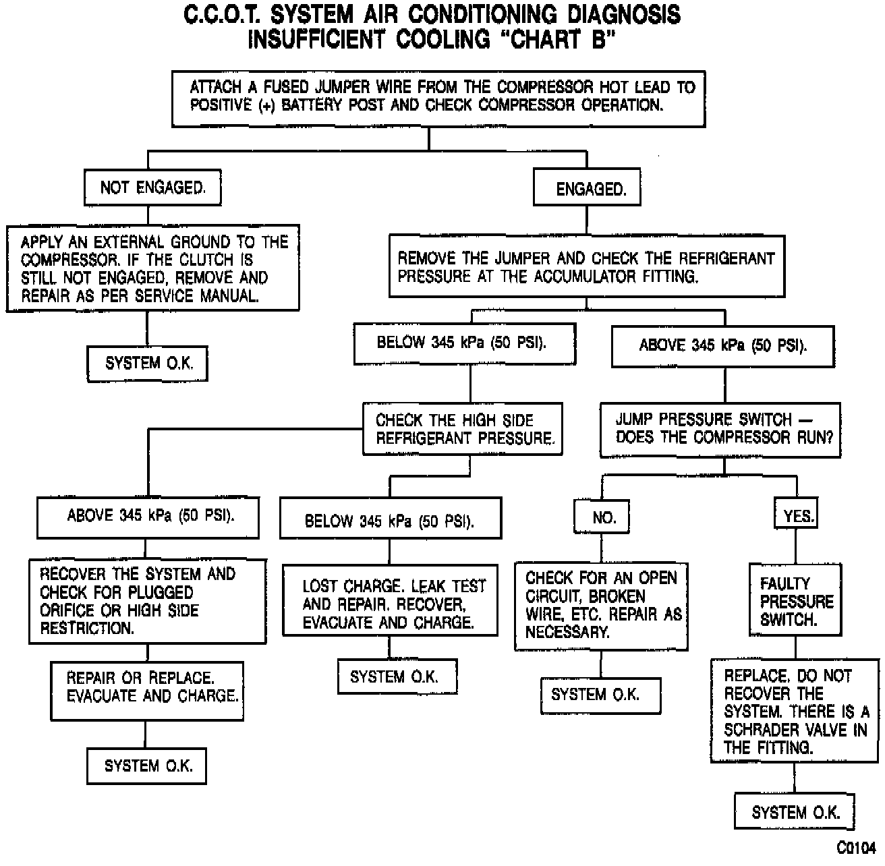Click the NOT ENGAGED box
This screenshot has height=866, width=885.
(x=152, y=187)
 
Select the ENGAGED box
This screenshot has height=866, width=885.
(x=587, y=189)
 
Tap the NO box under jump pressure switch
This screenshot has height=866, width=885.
(x=602, y=517)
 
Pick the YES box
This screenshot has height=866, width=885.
(x=797, y=517)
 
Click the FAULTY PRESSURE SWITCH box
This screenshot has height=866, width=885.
(x=795, y=601)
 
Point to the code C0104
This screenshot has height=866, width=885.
(x=856, y=847)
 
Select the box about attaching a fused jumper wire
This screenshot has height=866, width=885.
(x=438, y=98)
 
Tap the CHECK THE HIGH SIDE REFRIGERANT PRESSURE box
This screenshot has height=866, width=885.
(x=463, y=429)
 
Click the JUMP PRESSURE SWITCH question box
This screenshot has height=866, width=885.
(x=720, y=429)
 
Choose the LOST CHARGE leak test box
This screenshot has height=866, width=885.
(x=390, y=604)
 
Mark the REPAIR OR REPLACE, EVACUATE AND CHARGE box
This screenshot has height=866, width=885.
(x=147, y=687)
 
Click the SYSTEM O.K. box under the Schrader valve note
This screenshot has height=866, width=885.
(x=795, y=812)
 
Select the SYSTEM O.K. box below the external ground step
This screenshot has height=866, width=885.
(x=147, y=364)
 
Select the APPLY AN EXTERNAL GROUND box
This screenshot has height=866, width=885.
(x=153, y=268)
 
